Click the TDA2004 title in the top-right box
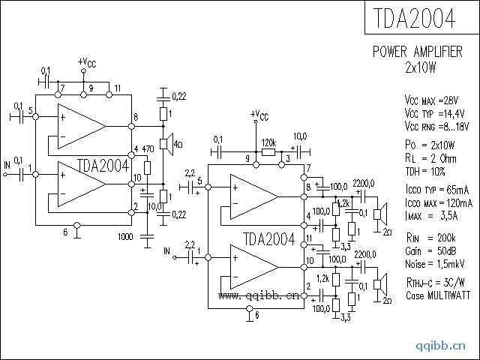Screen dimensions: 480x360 point(415,18)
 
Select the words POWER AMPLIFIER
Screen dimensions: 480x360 point(418,52)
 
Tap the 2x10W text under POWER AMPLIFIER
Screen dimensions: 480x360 point(421,67)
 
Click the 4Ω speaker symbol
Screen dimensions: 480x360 point(166,144)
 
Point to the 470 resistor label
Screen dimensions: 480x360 point(148,149)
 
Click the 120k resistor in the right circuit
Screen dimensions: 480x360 point(268,151)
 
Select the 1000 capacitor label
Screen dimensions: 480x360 point(125,237)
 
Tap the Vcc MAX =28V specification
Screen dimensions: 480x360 point(432,100)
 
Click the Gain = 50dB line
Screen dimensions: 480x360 point(430,251)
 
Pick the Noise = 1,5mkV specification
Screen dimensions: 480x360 point(435,264)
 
